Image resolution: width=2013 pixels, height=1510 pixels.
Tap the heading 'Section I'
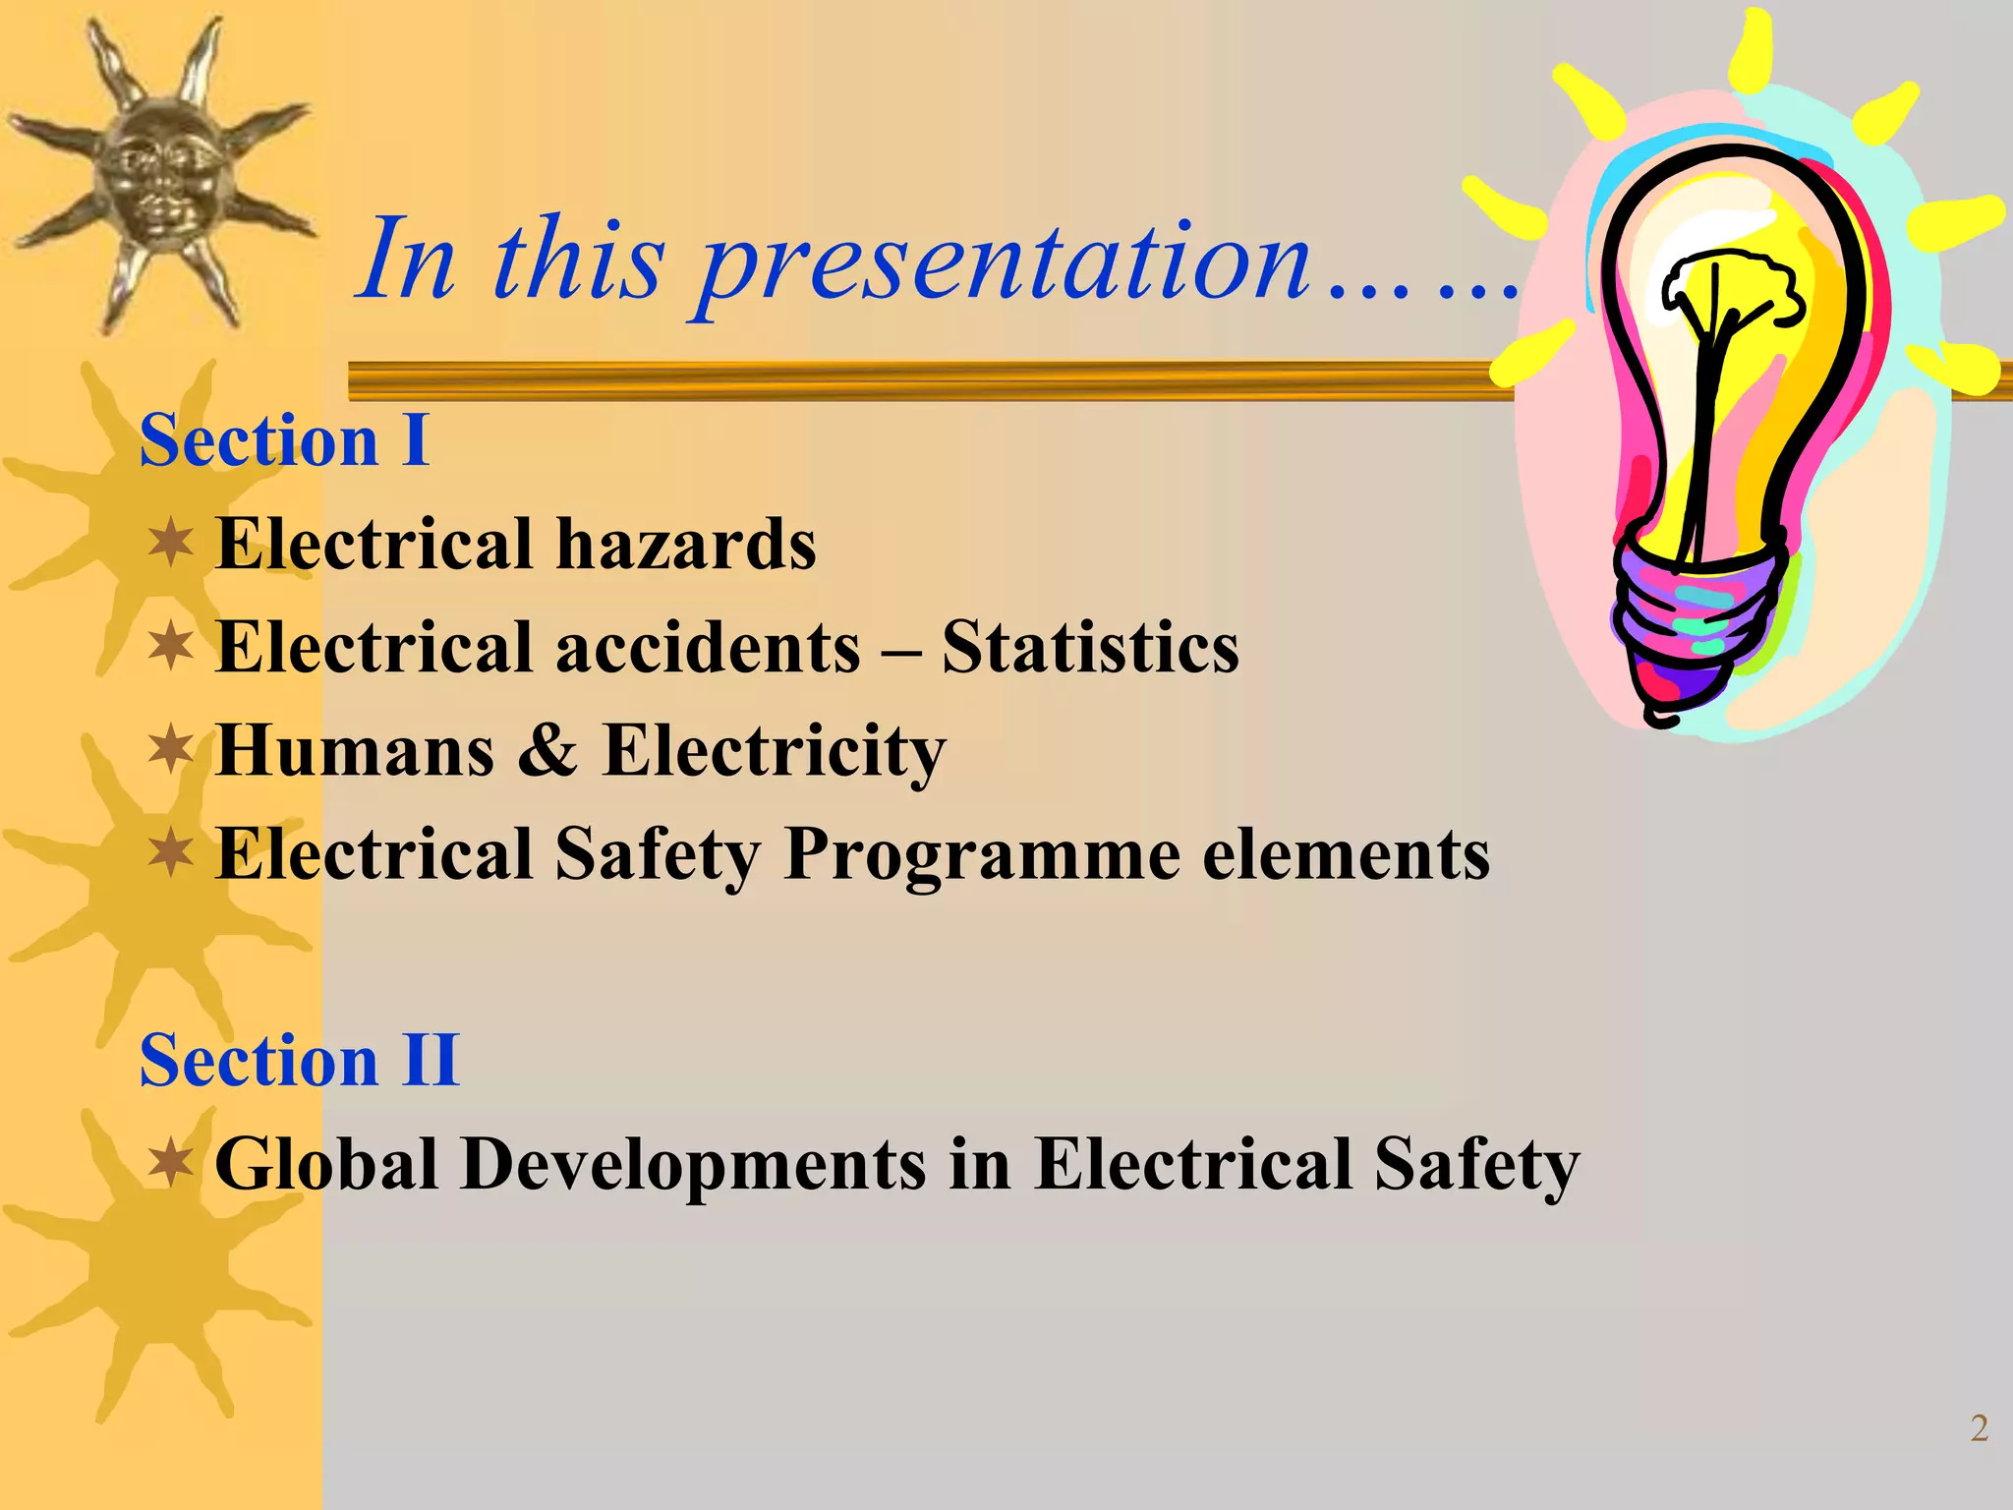(x=284, y=440)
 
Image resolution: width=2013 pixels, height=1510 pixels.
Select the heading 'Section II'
(x=299, y=1061)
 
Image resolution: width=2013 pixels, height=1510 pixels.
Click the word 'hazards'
(x=685, y=544)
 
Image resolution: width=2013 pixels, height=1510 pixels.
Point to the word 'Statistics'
(x=1090, y=647)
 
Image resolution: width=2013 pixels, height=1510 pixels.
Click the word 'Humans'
(x=355, y=751)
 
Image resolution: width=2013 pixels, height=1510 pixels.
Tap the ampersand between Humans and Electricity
(x=547, y=751)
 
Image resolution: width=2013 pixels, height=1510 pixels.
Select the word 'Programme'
(x=982, y=854)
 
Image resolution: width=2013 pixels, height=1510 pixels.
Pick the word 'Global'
(x=326, y=1165)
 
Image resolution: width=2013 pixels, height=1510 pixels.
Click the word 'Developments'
(x=694, y=1165)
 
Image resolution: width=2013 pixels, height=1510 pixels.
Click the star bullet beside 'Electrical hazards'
(x=171, y=544)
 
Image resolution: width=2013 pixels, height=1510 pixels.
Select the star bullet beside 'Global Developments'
(x=171, y=1163)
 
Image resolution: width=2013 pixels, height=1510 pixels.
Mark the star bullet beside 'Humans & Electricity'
(x=171, y=750)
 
